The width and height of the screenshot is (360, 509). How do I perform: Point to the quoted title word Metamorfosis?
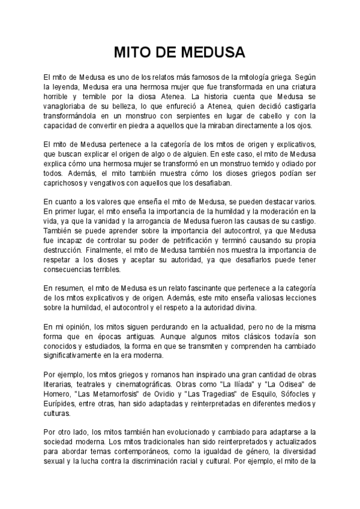tap(131, 394)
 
